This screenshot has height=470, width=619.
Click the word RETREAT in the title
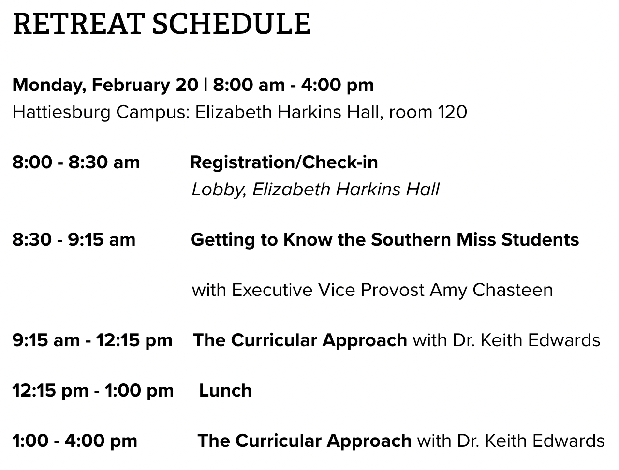tap(77, 24)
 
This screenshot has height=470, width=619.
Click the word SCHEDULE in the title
tap(231, 24)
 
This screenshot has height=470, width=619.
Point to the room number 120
tap(452, 112)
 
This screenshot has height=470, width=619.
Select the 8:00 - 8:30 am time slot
tap(76, 162)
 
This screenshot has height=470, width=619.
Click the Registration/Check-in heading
tap(284, 162)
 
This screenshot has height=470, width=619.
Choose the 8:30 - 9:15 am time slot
tap(74, 240)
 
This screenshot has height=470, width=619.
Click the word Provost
tap(392, 290)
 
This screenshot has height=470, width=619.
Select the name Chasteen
tap(513, 290)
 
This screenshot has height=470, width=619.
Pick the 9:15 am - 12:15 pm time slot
tap(92, 340)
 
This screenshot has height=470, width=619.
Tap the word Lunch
tap(225, 391)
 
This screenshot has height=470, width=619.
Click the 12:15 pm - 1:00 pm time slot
tap(93, 391)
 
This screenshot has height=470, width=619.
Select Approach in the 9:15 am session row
tap(365, 341)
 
